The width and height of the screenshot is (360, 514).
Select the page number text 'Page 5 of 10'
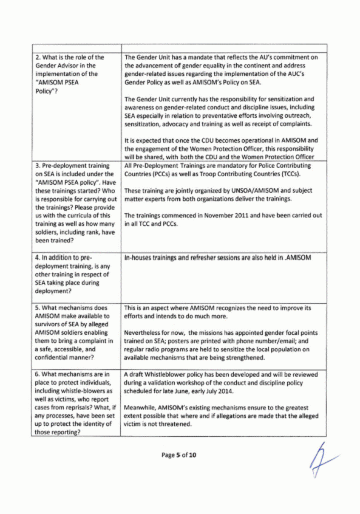(178, 455)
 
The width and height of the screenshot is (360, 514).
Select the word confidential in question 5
(51, 358)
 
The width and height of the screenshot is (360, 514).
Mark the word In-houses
(138, 258)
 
